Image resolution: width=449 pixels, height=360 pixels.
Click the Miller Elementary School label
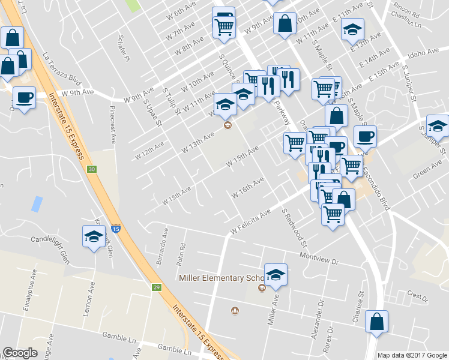222,278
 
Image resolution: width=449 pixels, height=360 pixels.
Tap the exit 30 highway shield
91,170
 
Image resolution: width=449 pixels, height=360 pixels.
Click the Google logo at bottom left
20,353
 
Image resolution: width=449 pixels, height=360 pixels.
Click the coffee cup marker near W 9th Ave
24,98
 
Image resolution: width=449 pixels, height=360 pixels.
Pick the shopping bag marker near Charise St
376,322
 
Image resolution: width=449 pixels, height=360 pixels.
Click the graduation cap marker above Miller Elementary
276,275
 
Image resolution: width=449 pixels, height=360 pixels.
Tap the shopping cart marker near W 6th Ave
224,26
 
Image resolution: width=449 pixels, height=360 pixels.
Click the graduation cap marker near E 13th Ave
352,29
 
